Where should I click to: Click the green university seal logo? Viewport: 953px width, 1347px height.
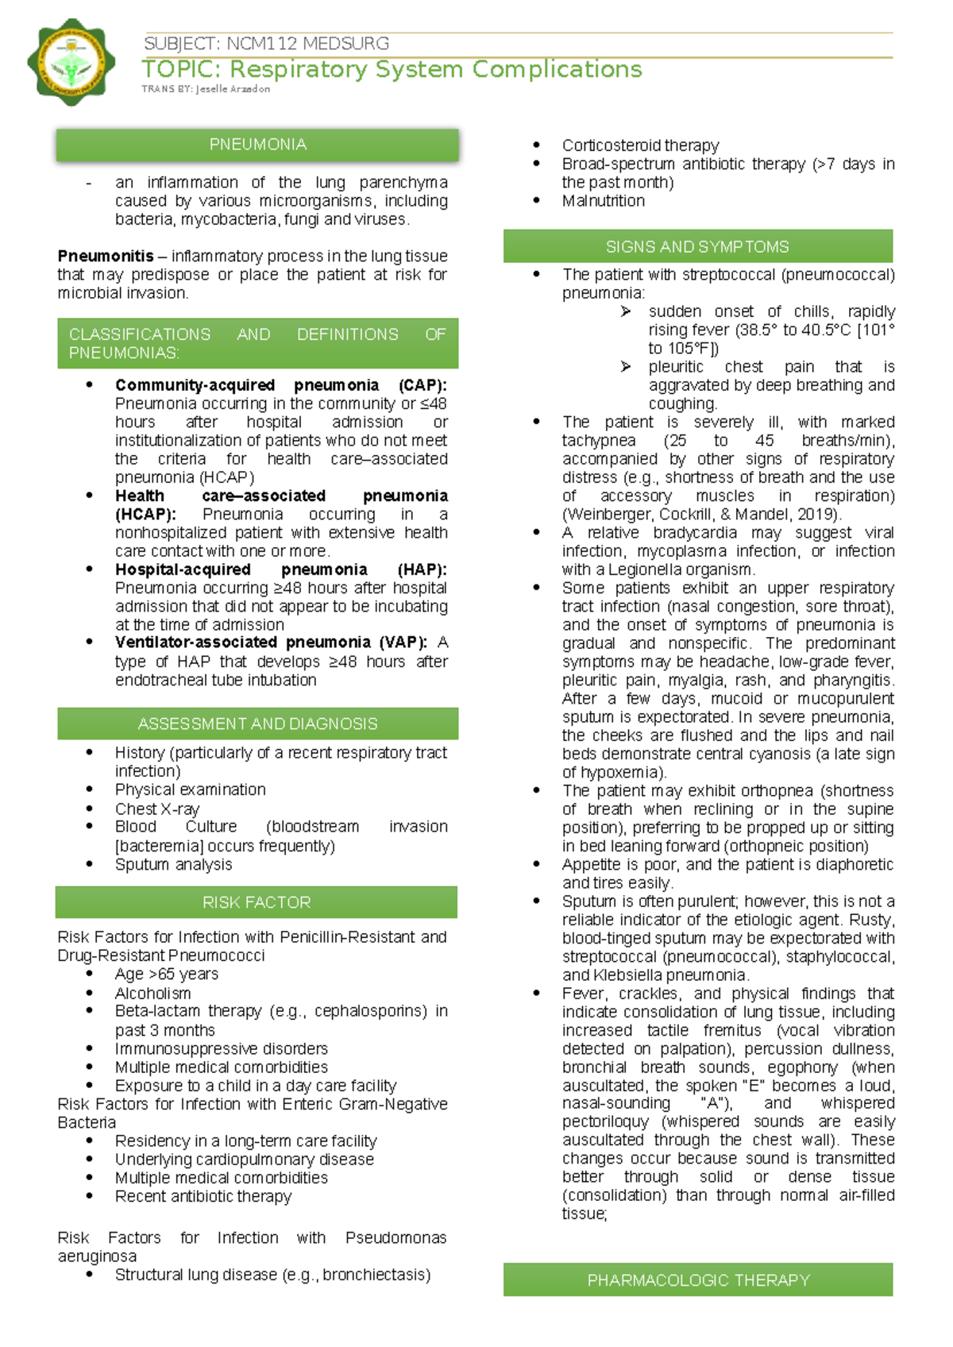pyautogui.click(x=71, y=63)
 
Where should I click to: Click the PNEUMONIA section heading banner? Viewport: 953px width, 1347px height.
pyautogui.click(x=257, y=145)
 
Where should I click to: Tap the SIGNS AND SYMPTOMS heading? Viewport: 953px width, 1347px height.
pyautogui.click(x=697, y=247)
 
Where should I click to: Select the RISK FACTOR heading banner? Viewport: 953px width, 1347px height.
pyautogui.click(x=257, y=902)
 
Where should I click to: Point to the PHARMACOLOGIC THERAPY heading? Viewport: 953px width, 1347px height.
pyautogui.click(x=698, y=1280)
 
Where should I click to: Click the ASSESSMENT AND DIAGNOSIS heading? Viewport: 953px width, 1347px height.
pyautogui.click(x=257, y=724)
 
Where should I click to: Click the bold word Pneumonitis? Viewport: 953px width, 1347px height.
pyautogui.click(x=106, y=256)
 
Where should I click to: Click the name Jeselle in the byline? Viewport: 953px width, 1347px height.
pyautogui.click(x=212, y=89)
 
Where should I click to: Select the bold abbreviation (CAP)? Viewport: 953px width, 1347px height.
pyautogui.click(x=422, y=385)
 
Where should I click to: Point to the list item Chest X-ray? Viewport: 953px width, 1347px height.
pyautogui.click(x=157, y=809)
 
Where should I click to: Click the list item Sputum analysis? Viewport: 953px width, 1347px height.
pyautogui.click(x=173, y=864)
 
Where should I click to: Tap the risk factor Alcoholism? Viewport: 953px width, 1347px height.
pyautogui.click(x=152, y=993)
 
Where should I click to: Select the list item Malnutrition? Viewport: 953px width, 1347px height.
pyautogui.click(x=603, y=201)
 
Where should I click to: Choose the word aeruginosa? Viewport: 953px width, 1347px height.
pyautogui.click(x=97, y=1256)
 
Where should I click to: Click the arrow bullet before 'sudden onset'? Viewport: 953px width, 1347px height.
pyautogui.click(x=626, y=311)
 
